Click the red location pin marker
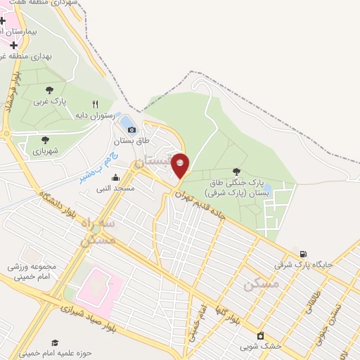181,164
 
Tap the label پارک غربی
49,101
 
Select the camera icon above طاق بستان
131,129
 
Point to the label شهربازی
45,150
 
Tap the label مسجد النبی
115,188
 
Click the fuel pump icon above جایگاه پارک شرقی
303,254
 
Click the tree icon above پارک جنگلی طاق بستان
236,172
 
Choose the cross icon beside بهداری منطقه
14,44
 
